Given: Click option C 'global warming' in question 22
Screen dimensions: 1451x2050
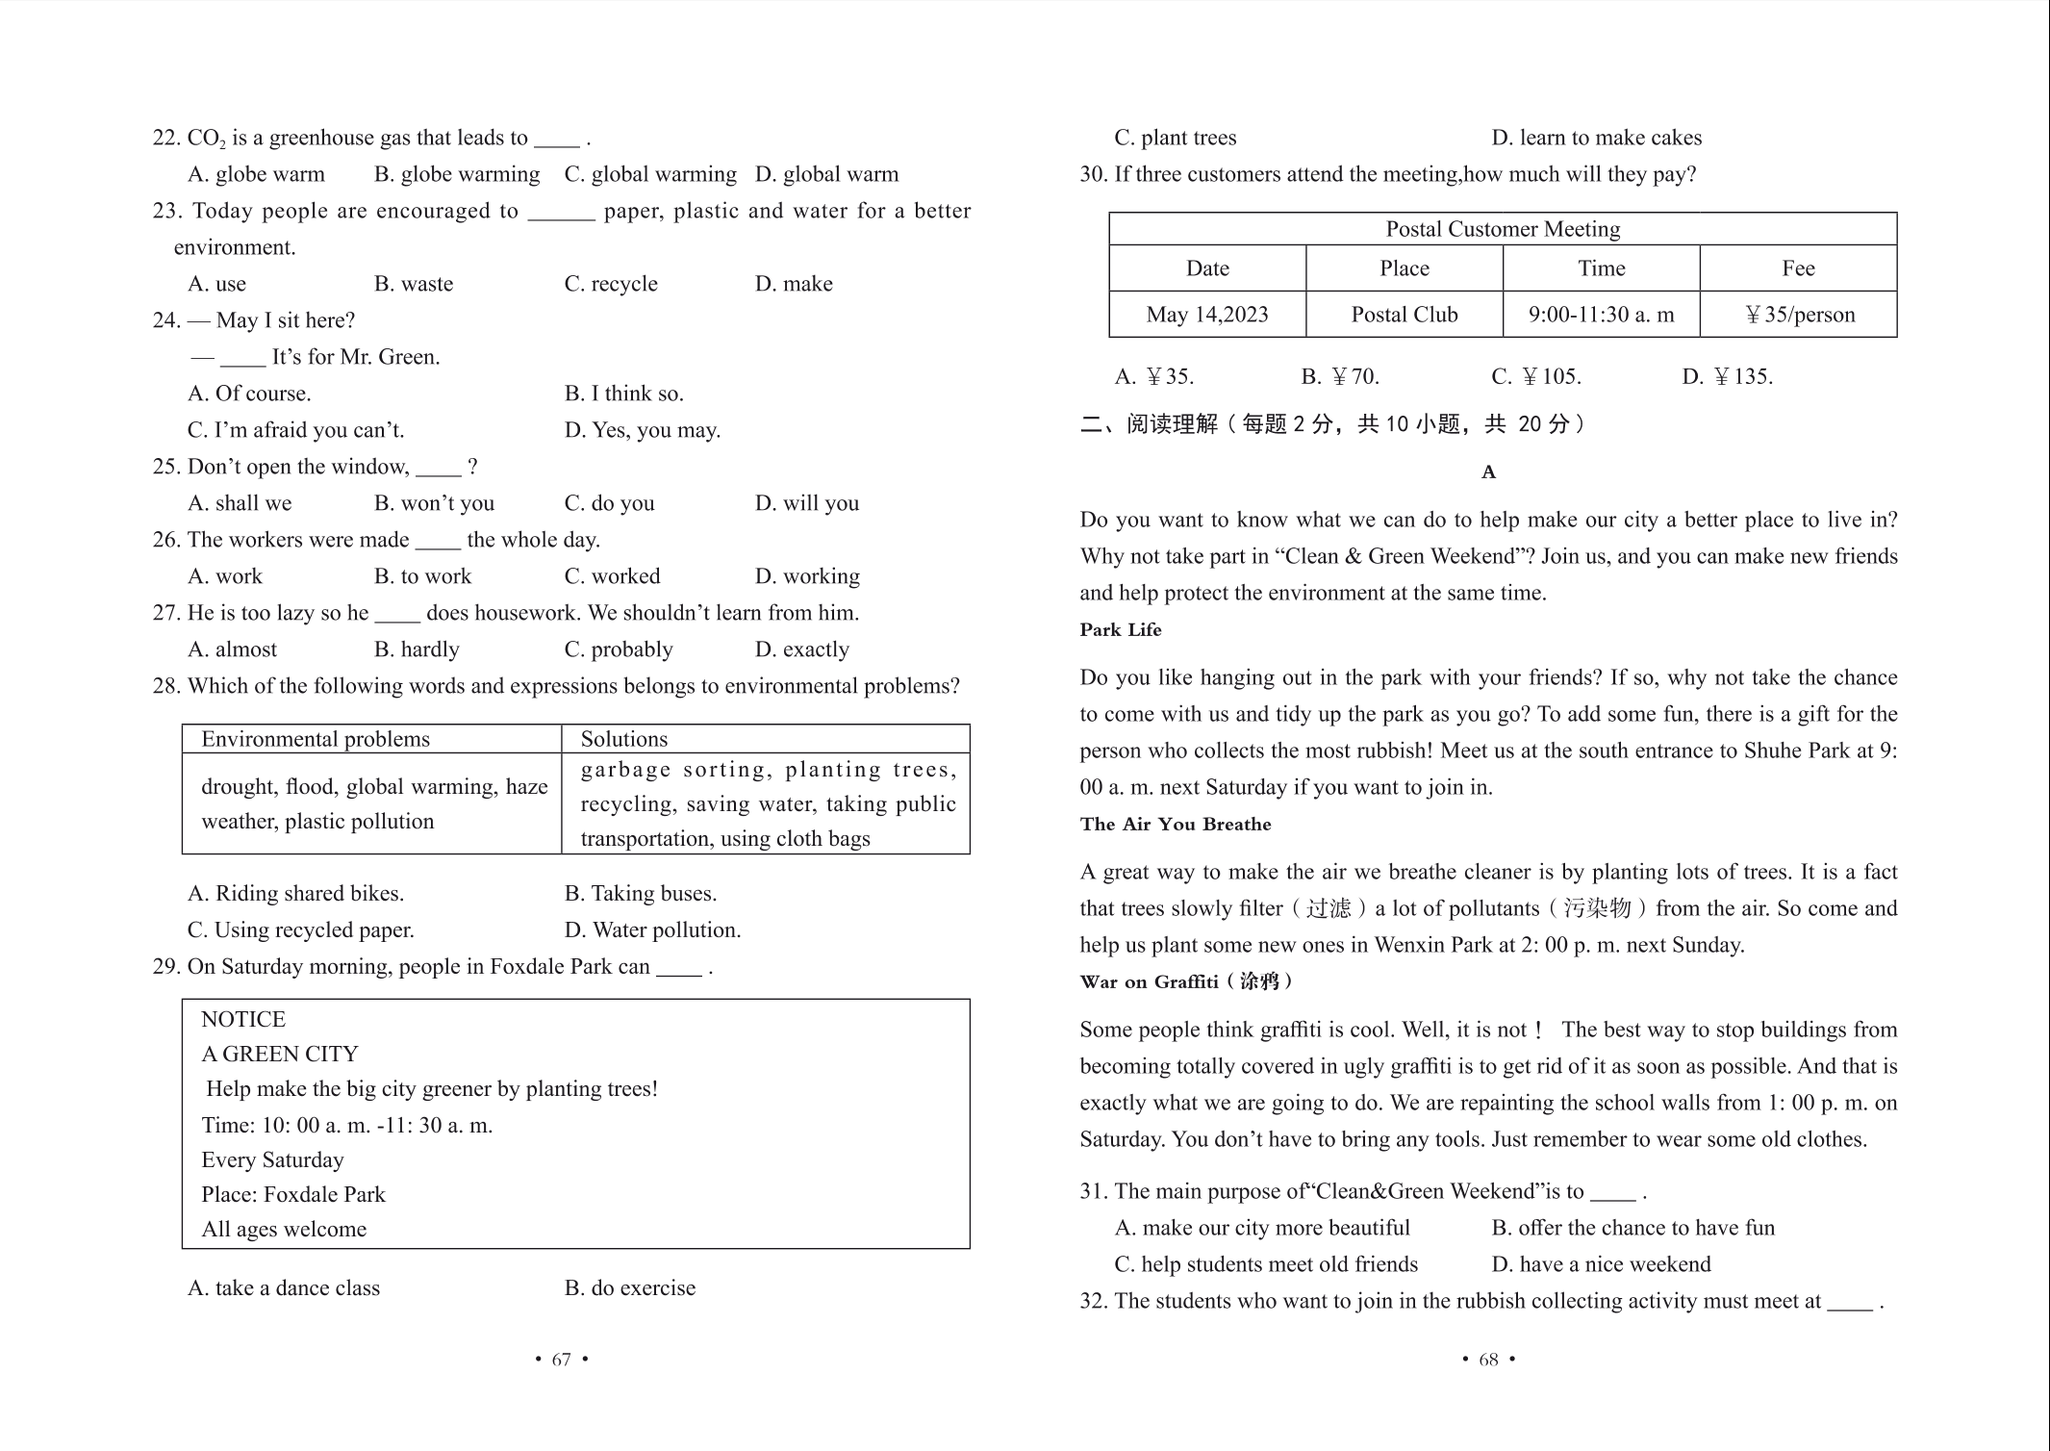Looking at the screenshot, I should (x=650, y=174).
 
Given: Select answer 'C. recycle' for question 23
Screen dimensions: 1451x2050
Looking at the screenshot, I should (x=611, y=284).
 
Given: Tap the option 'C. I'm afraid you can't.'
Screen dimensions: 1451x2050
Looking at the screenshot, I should (x=295, y=430).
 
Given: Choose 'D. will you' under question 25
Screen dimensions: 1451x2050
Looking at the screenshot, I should (x=806, y=503).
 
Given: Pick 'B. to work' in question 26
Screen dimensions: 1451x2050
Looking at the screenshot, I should (x=422, y=576).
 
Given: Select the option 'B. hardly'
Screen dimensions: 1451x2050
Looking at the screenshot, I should (x=417, y=649).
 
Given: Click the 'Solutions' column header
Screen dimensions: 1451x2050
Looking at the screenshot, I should (x=623, y=739).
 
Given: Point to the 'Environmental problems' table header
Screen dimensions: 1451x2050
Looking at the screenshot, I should (x=316, y=739).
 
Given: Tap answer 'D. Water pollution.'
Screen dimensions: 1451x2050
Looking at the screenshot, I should (x=652, y=930).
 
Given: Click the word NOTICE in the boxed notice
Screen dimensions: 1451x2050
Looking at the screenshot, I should (x=243, y=1020).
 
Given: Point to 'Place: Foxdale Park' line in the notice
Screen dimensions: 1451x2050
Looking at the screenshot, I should (x=293, y=1195).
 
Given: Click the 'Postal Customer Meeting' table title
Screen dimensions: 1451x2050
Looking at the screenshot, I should (x=1503, y=229).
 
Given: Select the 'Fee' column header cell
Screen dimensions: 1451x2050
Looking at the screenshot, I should (x=1798, y=268).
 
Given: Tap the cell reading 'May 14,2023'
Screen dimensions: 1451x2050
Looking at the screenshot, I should (x=1207, y=315).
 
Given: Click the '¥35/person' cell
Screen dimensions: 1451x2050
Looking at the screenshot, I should (x=1799, y=315).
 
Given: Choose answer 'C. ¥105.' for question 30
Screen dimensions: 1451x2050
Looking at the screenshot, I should (x=1536, y=376).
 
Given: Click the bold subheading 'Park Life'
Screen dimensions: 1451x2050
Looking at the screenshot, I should (x=1121, y=630).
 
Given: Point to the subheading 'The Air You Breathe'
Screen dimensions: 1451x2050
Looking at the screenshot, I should (x=1176, y=825).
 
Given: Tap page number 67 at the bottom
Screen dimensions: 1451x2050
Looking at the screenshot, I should (x=561, y=1360).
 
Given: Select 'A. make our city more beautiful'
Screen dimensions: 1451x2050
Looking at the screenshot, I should (x=1262, y=1228).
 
